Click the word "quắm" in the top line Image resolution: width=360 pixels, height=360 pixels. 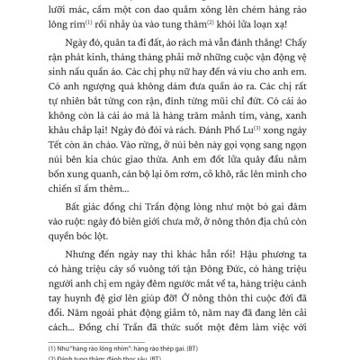coord(173,8)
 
